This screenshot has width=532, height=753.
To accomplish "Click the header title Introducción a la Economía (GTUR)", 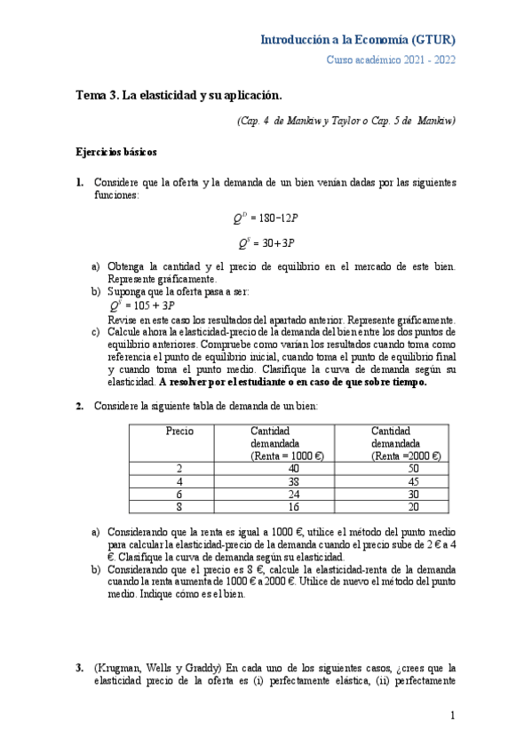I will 358,40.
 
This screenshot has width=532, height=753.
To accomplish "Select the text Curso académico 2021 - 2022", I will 392,59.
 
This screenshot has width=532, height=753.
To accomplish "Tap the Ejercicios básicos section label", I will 116,153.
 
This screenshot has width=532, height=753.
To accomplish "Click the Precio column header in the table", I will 179,431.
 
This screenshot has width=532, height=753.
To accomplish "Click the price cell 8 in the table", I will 179,507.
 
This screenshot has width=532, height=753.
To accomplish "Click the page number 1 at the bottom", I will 452,716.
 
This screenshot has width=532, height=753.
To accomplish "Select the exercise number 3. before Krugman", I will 80,668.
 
